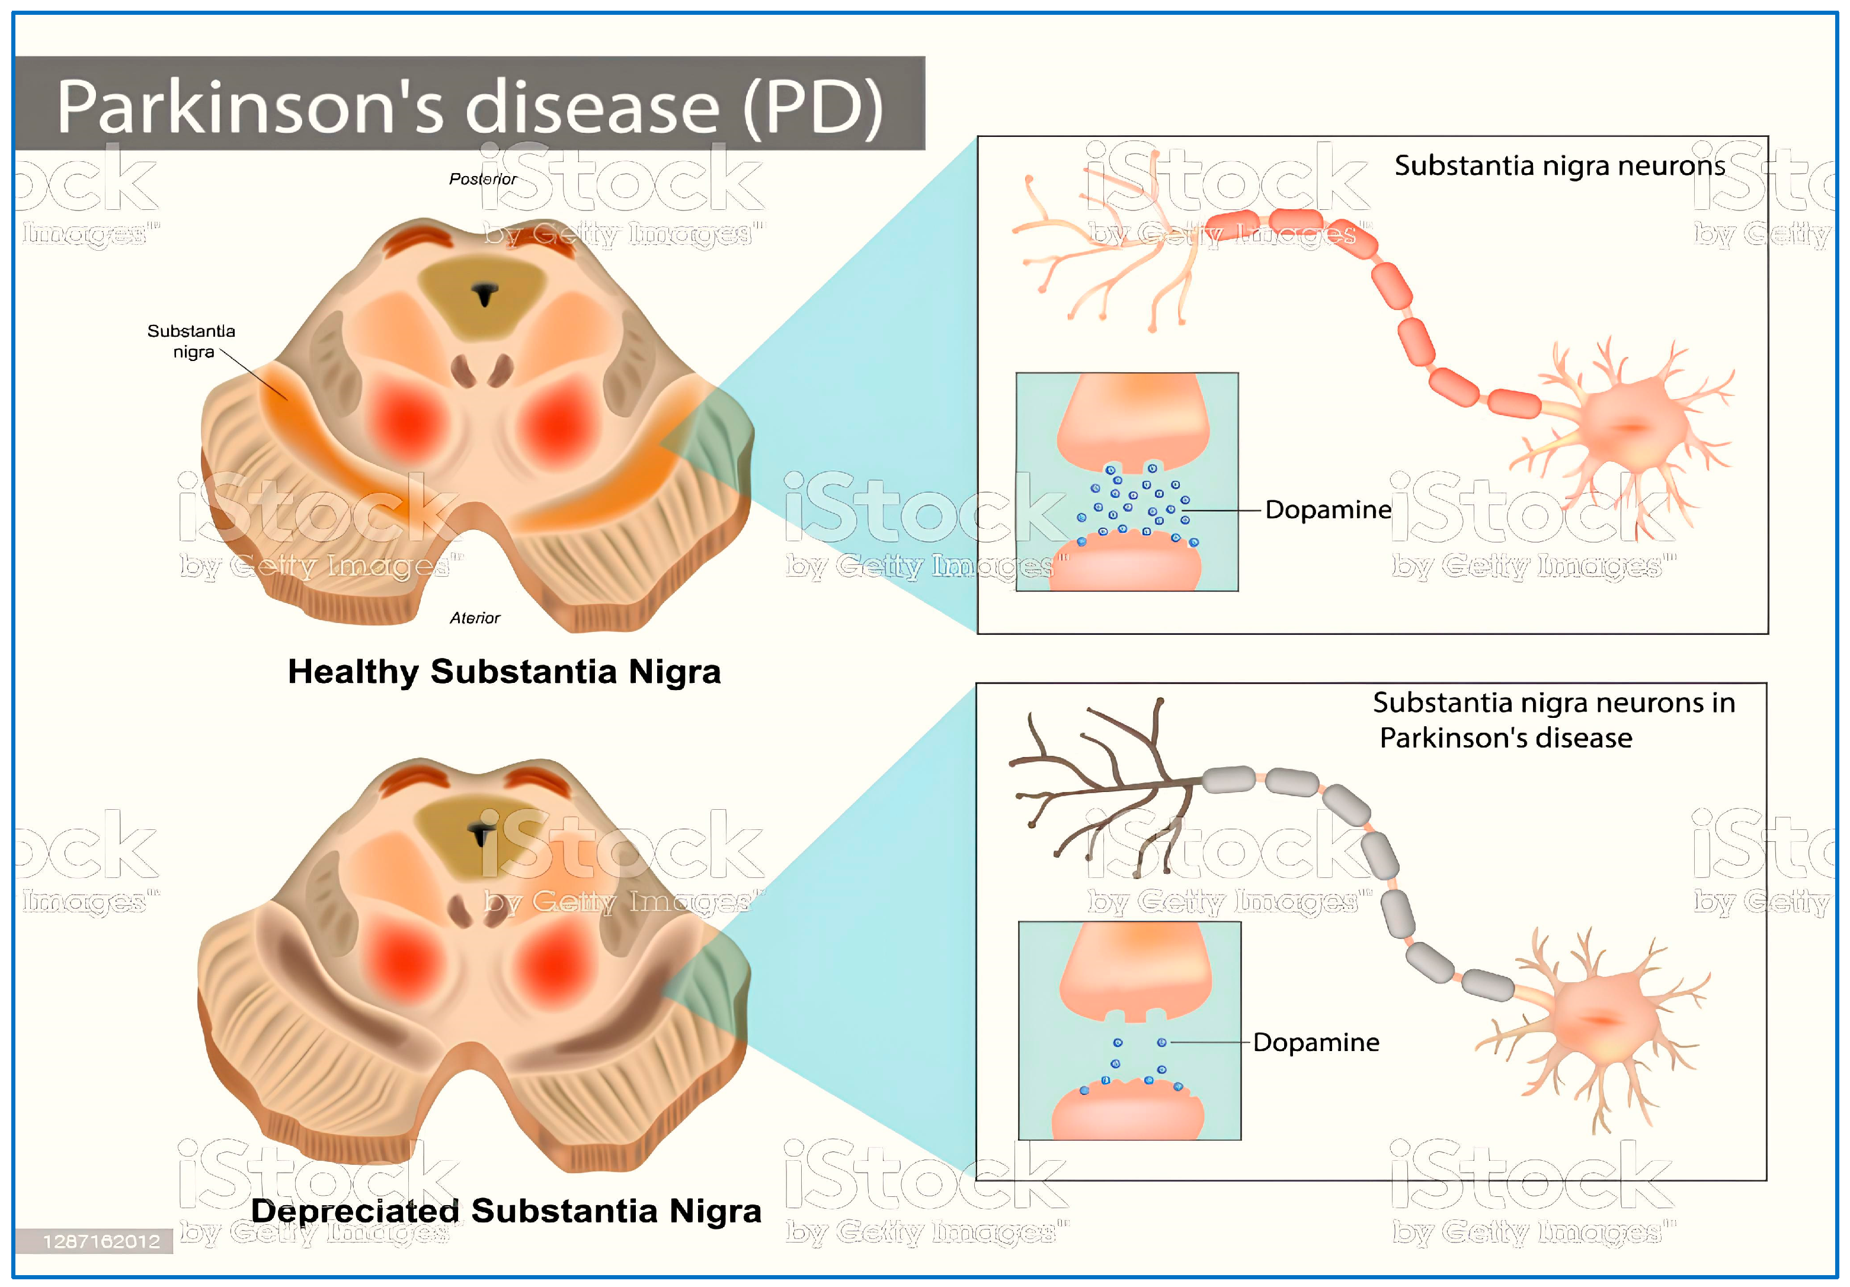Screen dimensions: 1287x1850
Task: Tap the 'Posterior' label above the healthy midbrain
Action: coord(482,179)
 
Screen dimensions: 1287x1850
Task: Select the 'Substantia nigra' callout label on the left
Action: coord(192,341)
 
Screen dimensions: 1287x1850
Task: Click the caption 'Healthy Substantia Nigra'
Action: coord(504,671)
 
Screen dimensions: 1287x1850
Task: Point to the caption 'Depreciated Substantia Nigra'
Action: coord(505,1211)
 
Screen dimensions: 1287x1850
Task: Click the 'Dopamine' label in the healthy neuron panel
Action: coord(1328,509)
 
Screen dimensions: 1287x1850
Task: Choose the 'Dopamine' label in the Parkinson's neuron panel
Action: coord(1316,1042)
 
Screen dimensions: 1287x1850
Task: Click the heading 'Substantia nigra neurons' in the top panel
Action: coord(1559,165)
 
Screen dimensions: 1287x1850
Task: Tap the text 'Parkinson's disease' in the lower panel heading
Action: coord(1505,737)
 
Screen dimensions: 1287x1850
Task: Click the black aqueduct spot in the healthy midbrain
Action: coord(484,293)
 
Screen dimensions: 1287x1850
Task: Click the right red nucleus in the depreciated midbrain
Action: coord(555,965)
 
